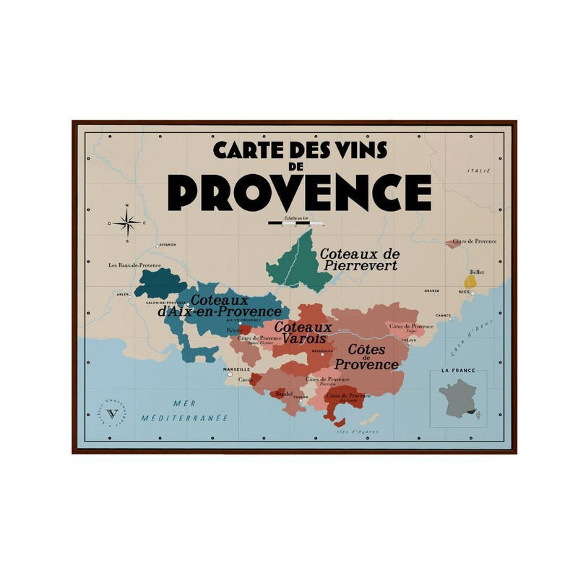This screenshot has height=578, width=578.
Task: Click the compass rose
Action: pyautogui.click(x=127, y=223)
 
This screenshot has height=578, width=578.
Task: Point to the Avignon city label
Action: pyautogui.click(x=167, y=245)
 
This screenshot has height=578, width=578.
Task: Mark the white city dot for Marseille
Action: pyautogui.click(x=229, y=375)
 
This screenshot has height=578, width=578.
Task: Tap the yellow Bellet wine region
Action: pyautogui.click(x=470, y=280)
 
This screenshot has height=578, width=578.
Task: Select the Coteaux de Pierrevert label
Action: pyautogui.click(x=359, y=259)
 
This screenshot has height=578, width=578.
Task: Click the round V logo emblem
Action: pyautogui.click(x=111, y=413)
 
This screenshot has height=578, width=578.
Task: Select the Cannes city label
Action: pyautogui.click(x=443, y=315)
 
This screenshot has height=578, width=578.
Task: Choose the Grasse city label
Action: pyautogui.click(x=431, y=290)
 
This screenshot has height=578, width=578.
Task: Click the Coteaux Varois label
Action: pyautogui.click(x=303, y=332)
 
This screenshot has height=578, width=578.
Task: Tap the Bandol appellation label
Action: pyautogui.click(x=284, y=394)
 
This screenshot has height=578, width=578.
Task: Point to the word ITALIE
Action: pyautogui.click(x=478, y=171)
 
